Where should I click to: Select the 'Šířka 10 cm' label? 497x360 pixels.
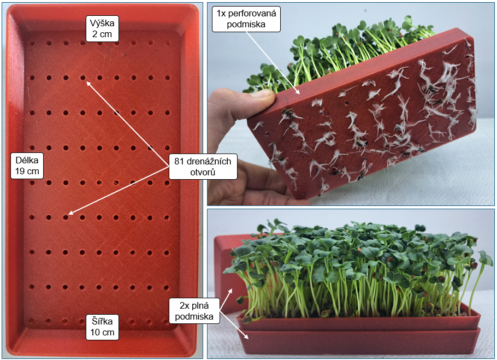[x=102, y=326]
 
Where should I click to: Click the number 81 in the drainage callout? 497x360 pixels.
[x=180, y=161]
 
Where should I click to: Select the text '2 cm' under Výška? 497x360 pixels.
[x=102, y=34]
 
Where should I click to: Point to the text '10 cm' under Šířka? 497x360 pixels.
[x=102, y=332]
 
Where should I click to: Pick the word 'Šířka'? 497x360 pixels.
[x=102, y=321]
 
